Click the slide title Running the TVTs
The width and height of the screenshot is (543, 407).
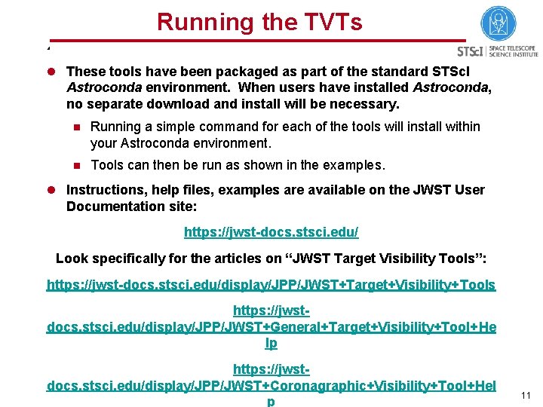pyautogui.click(x=259, y=22)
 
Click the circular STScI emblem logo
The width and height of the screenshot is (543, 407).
pyautogui.click(x=498, y=24)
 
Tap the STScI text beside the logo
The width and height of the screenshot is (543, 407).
pyautogui.click(x=471, y=51)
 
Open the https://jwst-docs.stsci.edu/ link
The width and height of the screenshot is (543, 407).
pyautogui.click(x=271, y=232)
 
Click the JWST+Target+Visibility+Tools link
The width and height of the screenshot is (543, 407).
pyautogui.click(x=271, y=284)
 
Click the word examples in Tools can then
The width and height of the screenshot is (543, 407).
pyautogui.click(x=354, y=165)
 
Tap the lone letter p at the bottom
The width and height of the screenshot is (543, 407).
pyautogui.click(x=271, y=402)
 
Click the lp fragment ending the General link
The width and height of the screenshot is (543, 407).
pyautogui.click(x=271, y=343)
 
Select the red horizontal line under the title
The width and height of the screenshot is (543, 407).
pyautogui.click(x=256, y=40)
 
